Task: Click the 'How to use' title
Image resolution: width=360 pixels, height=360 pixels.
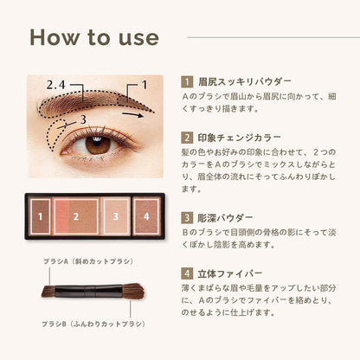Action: tap(94, 37)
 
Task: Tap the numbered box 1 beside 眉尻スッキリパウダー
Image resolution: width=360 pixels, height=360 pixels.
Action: tap(188, 80)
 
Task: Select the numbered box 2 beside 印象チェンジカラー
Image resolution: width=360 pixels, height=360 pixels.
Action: tap(188, 137)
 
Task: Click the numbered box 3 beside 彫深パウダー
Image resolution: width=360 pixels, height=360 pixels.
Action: tap(188, 218)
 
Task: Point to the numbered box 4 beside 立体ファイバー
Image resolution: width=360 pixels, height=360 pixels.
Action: tap(188, 274)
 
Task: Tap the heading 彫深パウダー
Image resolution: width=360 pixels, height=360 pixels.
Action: tap(230, 218)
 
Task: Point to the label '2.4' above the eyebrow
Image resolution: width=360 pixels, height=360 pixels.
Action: tap(56, 85)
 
